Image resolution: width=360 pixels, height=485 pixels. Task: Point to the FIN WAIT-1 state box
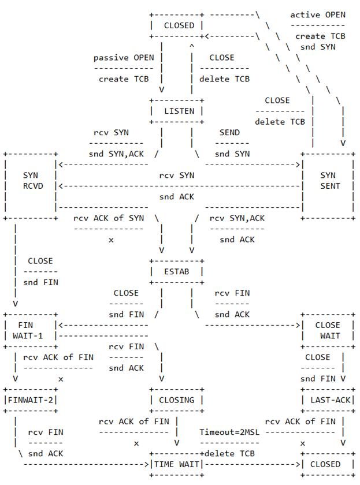(x=31, y=330)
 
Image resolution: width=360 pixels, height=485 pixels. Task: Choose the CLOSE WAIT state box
(x=328, y=330)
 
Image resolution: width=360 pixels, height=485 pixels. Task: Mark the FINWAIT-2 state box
(x=31, y=400)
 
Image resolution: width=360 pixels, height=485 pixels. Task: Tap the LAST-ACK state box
(x=328, y=400)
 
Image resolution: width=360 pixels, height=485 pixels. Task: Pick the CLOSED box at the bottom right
(x=328, y=464)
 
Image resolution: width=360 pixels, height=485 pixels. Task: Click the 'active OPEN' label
(x=318, y=14)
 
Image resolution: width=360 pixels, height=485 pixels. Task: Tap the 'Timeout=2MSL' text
(x=227, y=432)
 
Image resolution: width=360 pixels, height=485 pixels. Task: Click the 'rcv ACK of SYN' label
(x=109, y=218)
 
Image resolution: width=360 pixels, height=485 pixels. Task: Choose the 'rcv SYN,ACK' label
(x=237, y=218)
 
